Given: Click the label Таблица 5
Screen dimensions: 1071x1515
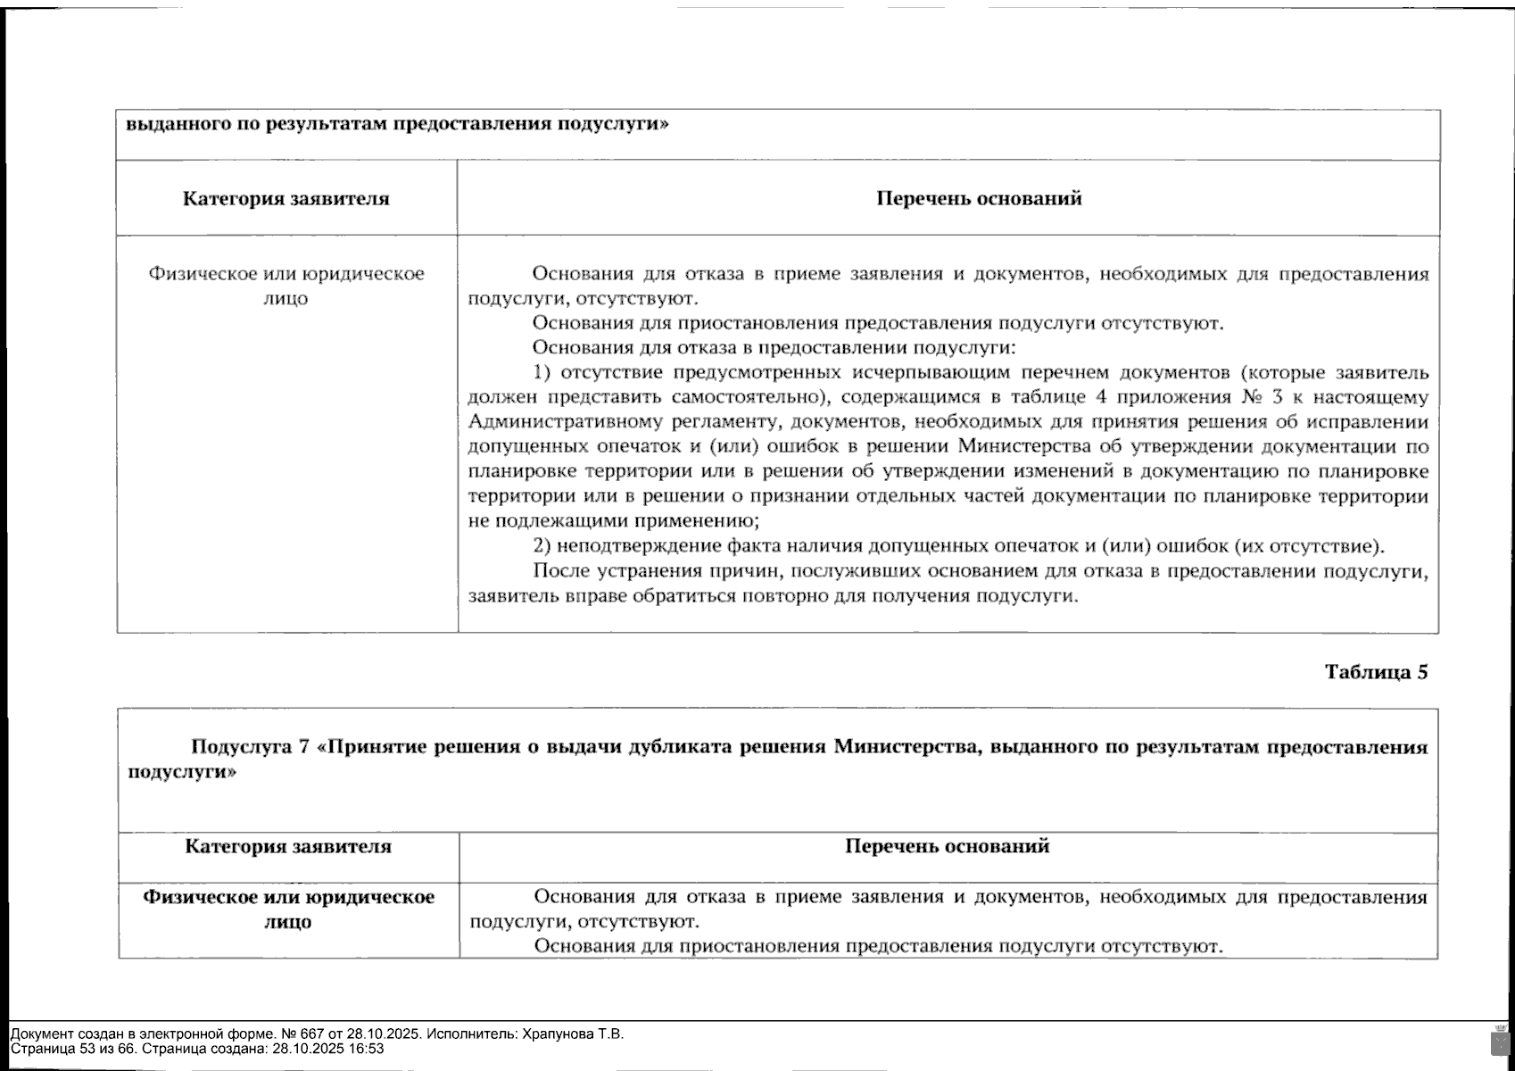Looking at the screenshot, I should tap(1376, 672).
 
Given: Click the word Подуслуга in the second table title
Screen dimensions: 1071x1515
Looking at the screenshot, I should tap(239, 746).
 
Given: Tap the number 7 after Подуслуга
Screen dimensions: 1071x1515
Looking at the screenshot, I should tap(304, 746).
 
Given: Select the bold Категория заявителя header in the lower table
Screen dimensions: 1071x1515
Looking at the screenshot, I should tap(288, 846).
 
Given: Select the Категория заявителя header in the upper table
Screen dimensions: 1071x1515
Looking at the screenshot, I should tap(286, 198).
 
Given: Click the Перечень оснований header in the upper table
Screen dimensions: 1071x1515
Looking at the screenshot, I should tap(979, 198).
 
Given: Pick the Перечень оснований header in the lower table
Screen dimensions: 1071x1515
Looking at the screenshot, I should tap(947, 846).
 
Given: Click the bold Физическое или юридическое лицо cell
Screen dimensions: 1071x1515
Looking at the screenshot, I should tap(288, 909).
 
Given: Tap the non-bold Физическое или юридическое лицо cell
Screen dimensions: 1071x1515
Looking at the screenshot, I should tap(286, 285).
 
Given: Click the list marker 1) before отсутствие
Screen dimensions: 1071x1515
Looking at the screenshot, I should tap(542, 372).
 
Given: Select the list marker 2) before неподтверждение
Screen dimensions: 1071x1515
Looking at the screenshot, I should tap(542, 546).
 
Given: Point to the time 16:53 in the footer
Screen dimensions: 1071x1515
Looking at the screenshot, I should tap(367, 1049).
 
